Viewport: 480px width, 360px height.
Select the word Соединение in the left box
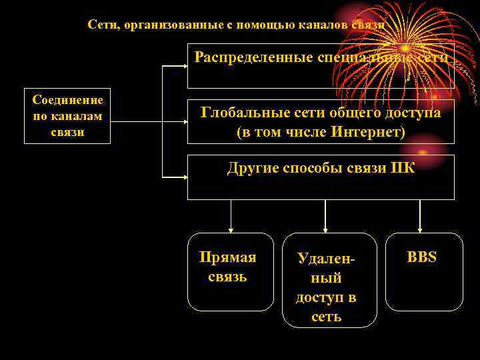tap(68, 101)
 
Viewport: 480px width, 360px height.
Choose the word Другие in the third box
tap(252, 168)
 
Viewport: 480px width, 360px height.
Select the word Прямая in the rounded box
tap(228, 258)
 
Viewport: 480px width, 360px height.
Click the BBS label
tap(422, 257)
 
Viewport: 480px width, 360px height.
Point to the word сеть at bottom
tap(326, 317)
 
